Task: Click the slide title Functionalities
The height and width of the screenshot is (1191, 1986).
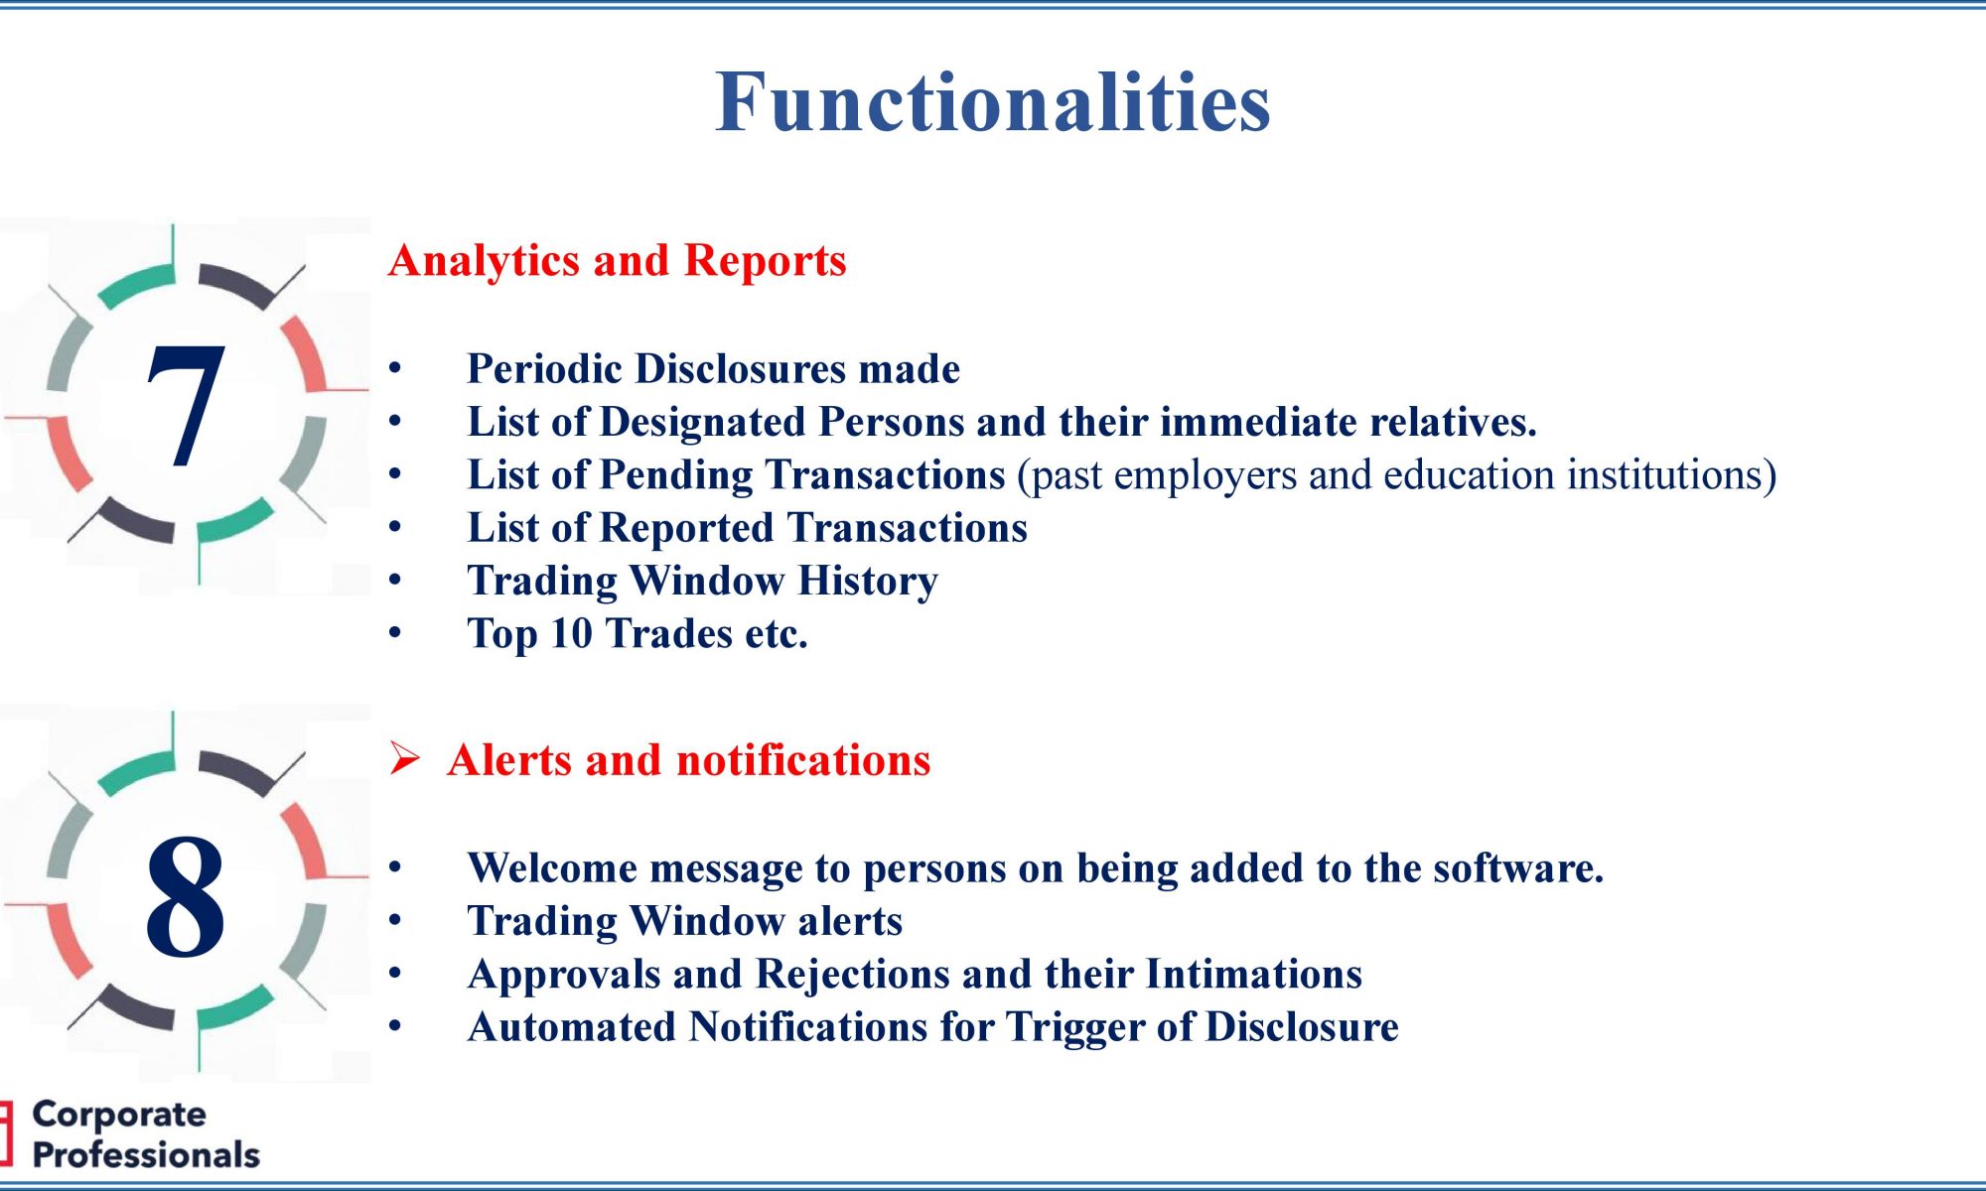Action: pos(993,101)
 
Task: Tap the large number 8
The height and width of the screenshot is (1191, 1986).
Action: pos(185,896)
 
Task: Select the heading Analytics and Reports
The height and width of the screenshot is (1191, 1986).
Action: pos(618,261)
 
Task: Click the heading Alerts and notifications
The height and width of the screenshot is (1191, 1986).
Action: pos(689,760)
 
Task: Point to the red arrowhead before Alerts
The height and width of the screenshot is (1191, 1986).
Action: pos(404,758)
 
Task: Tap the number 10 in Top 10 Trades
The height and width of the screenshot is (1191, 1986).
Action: pos(571,634)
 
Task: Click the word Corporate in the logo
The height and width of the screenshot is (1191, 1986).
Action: pos(119,1115)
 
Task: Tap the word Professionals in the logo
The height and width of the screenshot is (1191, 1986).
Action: pos(146,1155)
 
